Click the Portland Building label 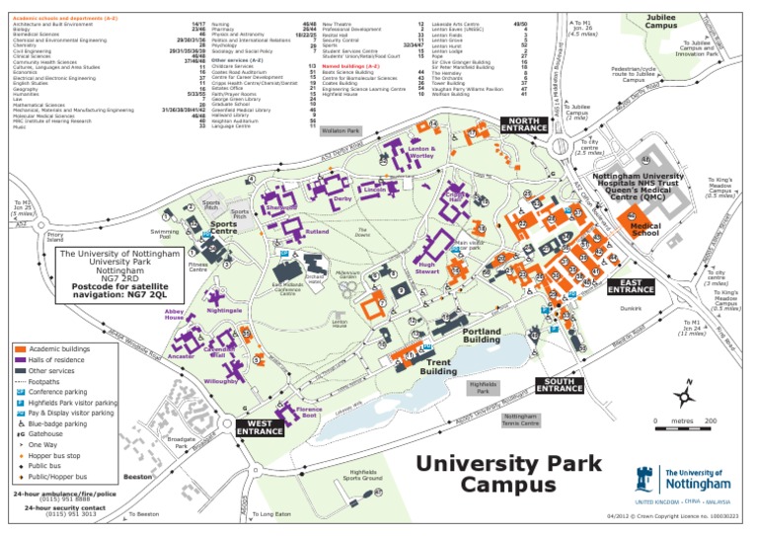tap(482, 335)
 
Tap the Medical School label tap(644, 230)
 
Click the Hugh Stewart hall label tap(426, 268)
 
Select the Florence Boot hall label tap(309, 411)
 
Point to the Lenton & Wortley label tap(421, 153)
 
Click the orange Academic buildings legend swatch tap(21, 348)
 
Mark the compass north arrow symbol tap(682, 396)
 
